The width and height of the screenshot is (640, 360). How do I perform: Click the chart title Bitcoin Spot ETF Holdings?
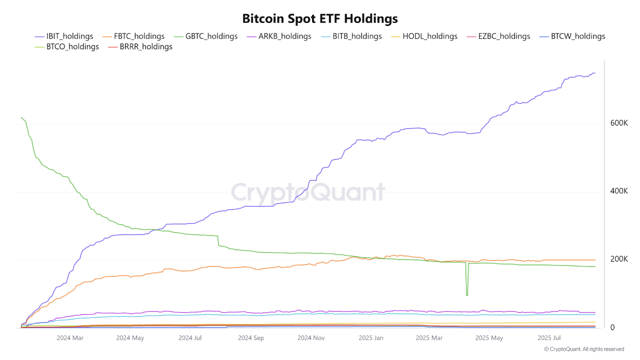[x=320, y=18]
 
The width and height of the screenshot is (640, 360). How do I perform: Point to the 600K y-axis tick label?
[x=619, y=123]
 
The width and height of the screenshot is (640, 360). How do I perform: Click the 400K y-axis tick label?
[x=619, y=191]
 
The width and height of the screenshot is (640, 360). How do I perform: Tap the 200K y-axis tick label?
[x=619, y=259]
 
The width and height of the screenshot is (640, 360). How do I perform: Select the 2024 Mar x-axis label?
[x=70, y=338]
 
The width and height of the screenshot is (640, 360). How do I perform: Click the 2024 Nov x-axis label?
[x=311, y=338]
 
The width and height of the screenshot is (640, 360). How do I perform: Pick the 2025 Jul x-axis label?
[x=551, y=338]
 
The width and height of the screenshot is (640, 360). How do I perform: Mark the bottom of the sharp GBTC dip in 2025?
[x=467, y=295]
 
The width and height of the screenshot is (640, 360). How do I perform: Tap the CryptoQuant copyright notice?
[x=583, y=349]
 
